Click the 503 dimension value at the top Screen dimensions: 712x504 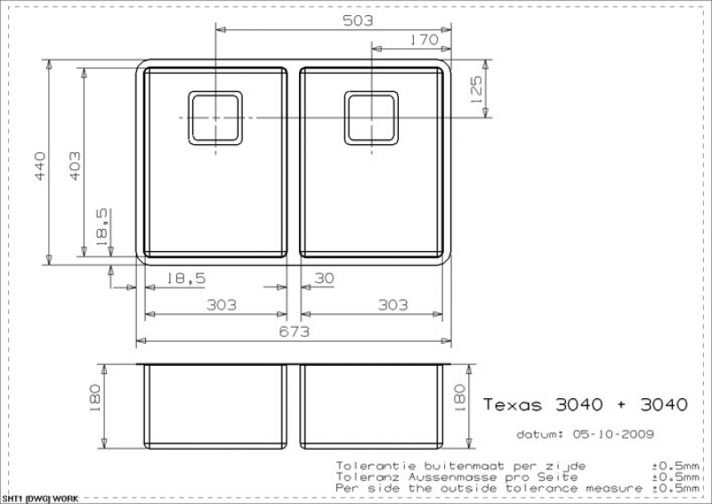pyautogui.click(x=358, y=20)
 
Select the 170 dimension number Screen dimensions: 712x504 pyautogui.click(x=425, y=40)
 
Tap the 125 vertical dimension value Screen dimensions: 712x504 pyautogui.click(x=476, y=90)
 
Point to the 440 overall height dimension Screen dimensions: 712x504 pyautogui.click(x=40, y=166)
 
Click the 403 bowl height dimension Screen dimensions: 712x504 pyautogui.click(x=75, y=166)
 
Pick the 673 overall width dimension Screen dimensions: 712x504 pyautogui.click(x=295, y=331)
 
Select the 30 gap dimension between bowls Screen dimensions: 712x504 pyautogui.click(x=324, y=278)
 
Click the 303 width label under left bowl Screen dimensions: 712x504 pyautogui.click(x=221, y=305)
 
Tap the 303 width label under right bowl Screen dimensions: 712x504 pyautogui.click(x=392, y=305)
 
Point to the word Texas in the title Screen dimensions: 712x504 pyautogui.click(x=513, y=404)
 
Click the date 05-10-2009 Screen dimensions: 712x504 pyautogui.click(x=613, y=434)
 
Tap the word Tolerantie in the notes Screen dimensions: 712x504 pyautogui.click(x=376, y=466)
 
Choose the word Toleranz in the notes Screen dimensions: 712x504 pyautogui.click(x=368, y=477)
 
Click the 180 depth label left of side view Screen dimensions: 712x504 pyautogui.click(x=95, y=398)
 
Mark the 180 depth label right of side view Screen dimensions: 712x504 pyautogui.click(x=459, y=398)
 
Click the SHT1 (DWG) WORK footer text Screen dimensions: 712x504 pyautogui.click(x=40, y=499)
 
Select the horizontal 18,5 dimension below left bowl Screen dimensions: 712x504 pyautogui.click(x=186, y=278)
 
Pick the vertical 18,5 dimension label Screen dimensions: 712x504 pyautogui.click(x=102, y=227)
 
